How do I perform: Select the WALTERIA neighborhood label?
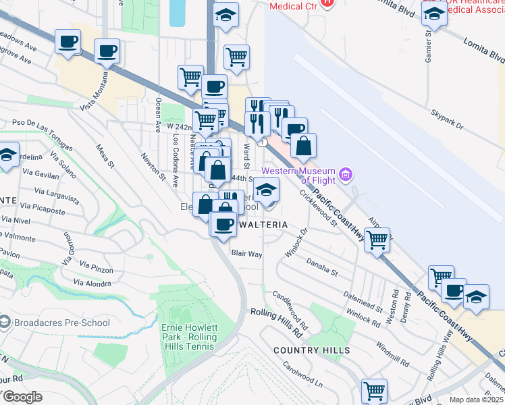pos(263,224)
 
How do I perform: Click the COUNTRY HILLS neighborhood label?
pos(312,350)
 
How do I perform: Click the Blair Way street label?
pos(246,254)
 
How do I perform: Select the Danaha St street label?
pos(321,266)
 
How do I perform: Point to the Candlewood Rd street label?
pos(291,307)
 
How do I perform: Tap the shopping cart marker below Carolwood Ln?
pos(374,391)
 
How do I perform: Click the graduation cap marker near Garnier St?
pos(433,14)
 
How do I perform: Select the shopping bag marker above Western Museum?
pos(304,145)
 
